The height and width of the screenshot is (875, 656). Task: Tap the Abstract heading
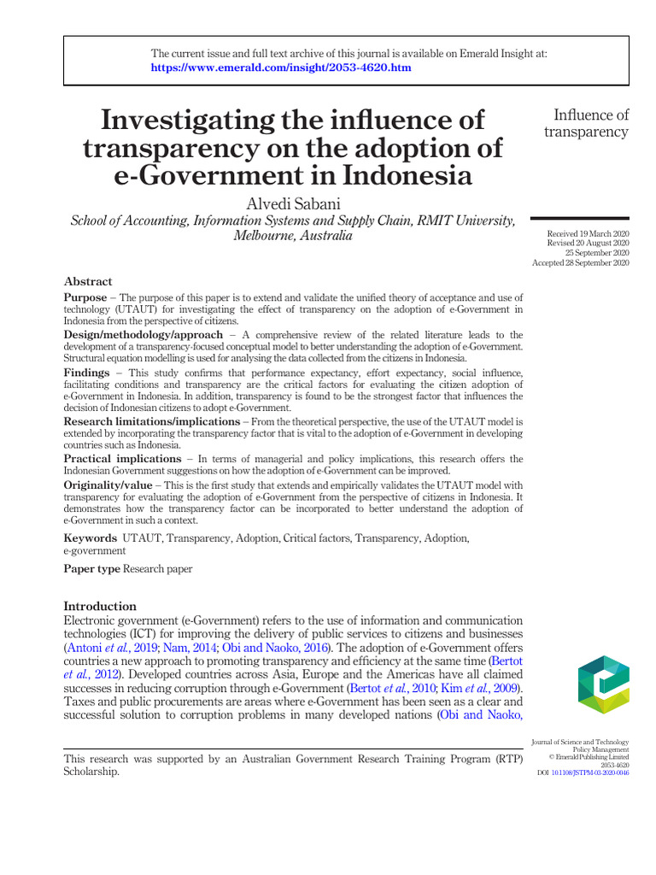pyautogui.click(x=88, y=281)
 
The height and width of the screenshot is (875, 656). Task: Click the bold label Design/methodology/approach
pyautogui.click(x=143, y=335)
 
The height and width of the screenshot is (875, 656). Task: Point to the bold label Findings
pyautogui.click(x=88, y=373)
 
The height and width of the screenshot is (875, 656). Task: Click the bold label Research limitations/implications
pyautogui.click(x=152, y=422)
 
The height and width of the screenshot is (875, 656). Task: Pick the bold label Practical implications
pyautogui.click(x=123, y=460)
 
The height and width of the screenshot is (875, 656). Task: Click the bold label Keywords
pyautogui.click(x=91, y=538)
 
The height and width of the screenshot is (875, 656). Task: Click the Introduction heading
pyautogui.click(x=100, y=606)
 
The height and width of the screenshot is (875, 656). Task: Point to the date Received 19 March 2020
pyautogui.click(x=588, y=233)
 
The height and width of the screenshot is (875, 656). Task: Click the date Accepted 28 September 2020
pyautogui.click(x=581, y=263)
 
